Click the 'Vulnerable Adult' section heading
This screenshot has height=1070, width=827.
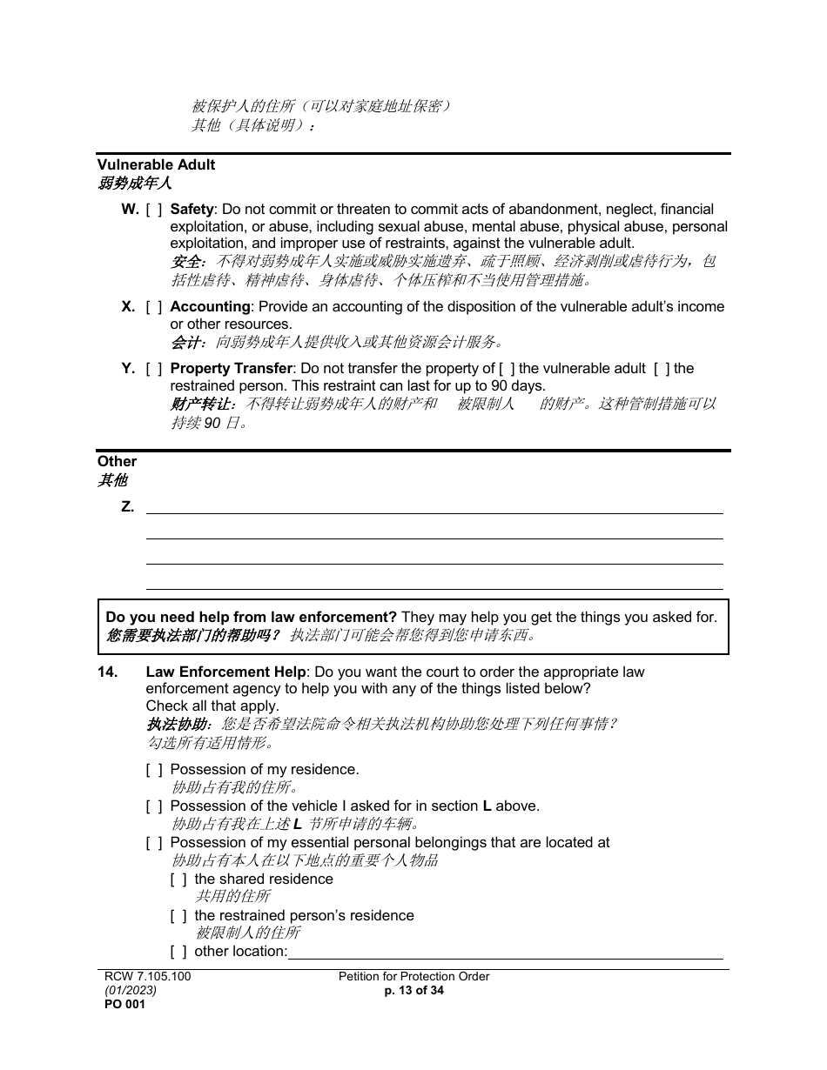(x=156, y=164)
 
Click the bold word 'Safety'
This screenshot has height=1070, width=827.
(x=192, y=210)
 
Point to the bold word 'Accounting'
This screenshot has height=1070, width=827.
(x=210, y=307)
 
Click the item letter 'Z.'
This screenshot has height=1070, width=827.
(x=128, y=507)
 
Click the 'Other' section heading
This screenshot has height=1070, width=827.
(x=117, y=462)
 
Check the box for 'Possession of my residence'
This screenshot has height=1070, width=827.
(x=154, y=770)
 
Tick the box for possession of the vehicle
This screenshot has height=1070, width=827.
(x=154, y=806)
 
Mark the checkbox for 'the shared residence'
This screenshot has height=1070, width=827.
(x=178, y=879)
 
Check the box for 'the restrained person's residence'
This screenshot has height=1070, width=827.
(x=178, y=916)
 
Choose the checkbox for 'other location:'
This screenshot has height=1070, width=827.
(x=178, y=952)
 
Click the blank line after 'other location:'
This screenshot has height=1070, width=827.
(x=505, y=953)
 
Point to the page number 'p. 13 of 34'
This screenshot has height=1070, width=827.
(x=413, y=990)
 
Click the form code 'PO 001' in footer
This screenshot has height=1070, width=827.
(x=121, y=1004)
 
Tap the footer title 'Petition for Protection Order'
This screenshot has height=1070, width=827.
(x=413, y=976)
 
